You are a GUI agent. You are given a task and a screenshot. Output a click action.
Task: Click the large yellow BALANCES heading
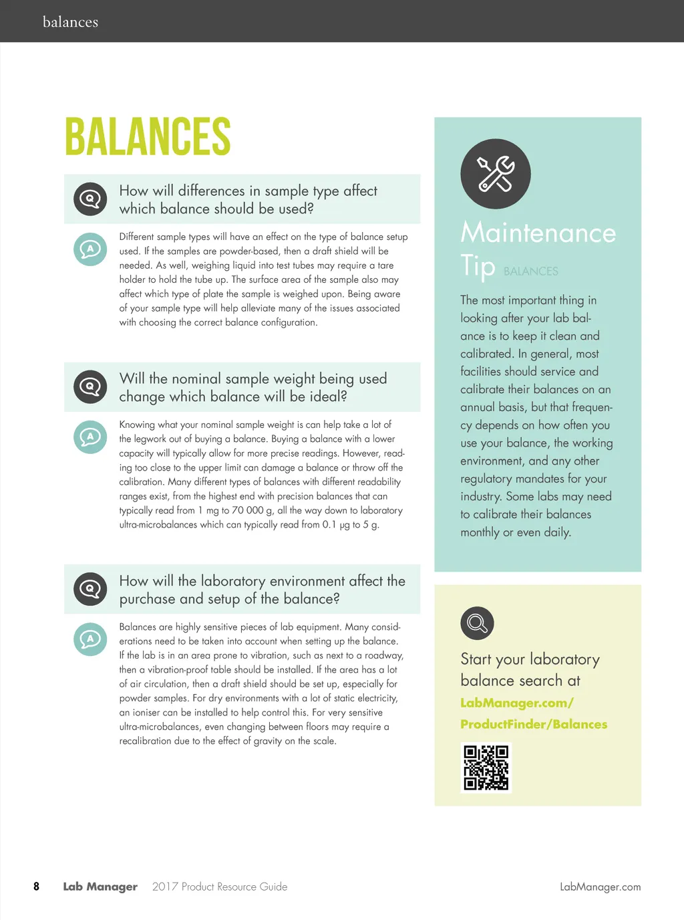[148, 137]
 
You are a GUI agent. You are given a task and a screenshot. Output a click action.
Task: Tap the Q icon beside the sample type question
[90, 199]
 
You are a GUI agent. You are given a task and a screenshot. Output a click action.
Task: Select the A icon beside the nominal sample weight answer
[90, 437]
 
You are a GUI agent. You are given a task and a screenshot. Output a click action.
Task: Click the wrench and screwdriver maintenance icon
[496, 174]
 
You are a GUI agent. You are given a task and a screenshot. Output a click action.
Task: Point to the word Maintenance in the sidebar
[538, 233]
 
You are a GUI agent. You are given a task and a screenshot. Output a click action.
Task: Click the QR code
[486, 767]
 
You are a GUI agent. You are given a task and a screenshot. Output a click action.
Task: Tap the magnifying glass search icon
[477, 623]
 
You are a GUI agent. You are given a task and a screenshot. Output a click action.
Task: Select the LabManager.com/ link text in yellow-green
[517, 703]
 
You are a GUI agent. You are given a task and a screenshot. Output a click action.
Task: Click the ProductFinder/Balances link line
[534, 724]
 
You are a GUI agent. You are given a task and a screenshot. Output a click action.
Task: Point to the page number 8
[36, 887]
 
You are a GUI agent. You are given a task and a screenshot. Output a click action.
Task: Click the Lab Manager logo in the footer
[100, 887]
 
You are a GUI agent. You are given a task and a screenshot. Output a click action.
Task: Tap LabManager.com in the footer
[600, 887]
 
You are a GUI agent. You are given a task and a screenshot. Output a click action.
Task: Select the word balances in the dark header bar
[70, 22]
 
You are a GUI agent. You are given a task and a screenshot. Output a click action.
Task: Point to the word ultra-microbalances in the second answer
[158, 525]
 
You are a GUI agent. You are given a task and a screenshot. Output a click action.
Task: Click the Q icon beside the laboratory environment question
[90, 589]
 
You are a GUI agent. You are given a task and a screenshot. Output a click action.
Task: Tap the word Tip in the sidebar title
[478, 265]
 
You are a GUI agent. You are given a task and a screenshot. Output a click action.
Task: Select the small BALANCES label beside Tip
[531, 271]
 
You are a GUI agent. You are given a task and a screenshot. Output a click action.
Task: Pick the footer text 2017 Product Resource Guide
[220, 887]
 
